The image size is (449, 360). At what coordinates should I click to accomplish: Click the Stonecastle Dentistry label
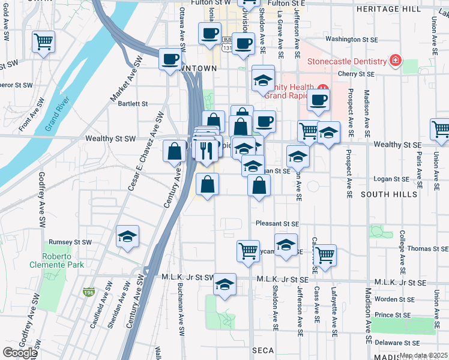coord(346,61)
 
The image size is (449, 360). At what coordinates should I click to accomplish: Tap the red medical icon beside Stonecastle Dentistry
coord(395,61)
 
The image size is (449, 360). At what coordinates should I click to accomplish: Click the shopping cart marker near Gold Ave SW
coord(43,43)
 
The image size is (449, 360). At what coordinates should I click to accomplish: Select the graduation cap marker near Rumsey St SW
coord(127,237)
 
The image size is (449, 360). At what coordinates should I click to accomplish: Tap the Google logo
coord(20,353)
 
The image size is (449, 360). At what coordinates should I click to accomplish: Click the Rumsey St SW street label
coord(70,242)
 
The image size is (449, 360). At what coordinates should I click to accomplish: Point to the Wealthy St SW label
coord(110,139)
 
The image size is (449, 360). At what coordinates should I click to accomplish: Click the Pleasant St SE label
coord(276,223)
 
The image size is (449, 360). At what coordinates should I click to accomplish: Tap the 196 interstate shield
coord(89,292)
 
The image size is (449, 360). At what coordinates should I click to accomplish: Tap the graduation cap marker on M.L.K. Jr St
coord(224,285)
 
